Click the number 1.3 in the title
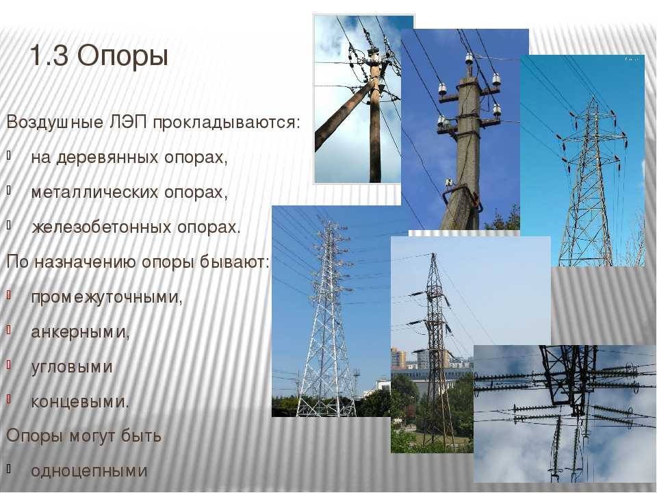[49, 55]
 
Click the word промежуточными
[105, 297]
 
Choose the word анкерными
[79, 332]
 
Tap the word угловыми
[72, 367]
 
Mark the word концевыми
[78, 402]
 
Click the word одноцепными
[89, 471]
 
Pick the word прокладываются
[225, 123]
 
